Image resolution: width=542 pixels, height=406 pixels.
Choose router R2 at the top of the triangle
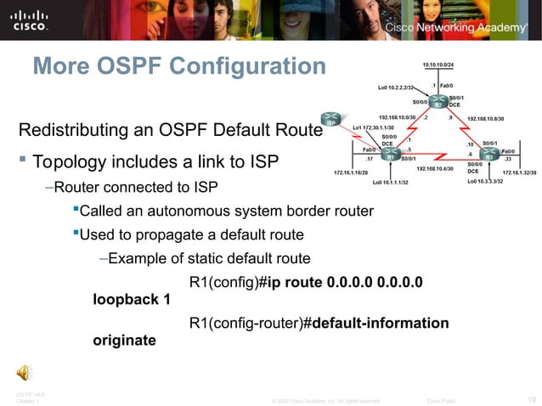coord(437,102)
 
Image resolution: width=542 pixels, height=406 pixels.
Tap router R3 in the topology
coord(490,156)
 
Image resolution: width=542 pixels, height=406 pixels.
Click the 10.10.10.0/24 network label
coord(438,65)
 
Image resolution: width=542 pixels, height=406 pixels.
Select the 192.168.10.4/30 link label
coord(434,168)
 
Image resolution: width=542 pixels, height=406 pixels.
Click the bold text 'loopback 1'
coord(131,299)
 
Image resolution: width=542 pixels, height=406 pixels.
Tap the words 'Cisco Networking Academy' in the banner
coord(457,27)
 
